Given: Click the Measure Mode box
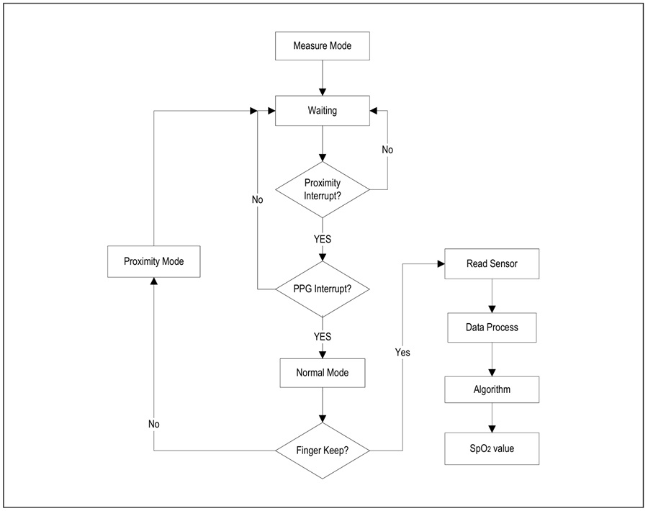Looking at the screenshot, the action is (323, 46).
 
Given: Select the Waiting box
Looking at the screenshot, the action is (323, 111).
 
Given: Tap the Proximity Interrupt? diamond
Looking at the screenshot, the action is (323, 189).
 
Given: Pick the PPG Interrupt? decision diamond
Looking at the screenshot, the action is (323, 289).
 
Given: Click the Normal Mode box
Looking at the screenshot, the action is (323, 373).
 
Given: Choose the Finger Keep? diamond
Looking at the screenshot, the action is (323, 451).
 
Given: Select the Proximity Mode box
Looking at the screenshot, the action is (154, 261).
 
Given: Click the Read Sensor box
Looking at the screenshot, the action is (492, 263).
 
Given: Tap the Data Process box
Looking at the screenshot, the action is (492, 327).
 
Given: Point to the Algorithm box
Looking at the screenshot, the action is (492, 389).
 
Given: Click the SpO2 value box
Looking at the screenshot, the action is (492, 448).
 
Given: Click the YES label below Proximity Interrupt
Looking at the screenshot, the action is (323, 239).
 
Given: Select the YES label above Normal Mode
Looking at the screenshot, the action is (323, 337).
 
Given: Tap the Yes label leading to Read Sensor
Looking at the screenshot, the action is (402, 353).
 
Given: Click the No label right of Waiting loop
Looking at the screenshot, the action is (387, 150).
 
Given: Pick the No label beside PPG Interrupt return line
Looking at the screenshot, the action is (258, 200).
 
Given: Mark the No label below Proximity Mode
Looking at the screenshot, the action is (154, 424).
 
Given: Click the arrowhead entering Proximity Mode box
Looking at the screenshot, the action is (154, 281).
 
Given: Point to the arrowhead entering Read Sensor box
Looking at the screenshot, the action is (441, 263).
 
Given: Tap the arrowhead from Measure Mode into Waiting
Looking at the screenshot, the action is (323, 92).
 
